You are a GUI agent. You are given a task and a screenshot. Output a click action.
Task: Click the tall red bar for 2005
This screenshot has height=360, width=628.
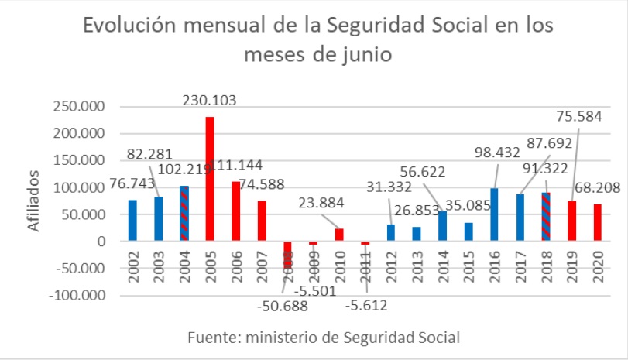click(x=210, y=179)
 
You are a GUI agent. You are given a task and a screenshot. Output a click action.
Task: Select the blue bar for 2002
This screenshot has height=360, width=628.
click(x=132, y=221)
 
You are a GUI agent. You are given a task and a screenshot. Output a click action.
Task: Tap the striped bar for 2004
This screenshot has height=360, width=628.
click(x=184, y=214)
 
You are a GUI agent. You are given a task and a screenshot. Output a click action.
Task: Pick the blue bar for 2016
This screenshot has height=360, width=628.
click(x=494, y=214)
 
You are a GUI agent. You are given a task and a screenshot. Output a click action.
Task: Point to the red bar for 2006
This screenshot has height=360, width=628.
click(x=236, y=211)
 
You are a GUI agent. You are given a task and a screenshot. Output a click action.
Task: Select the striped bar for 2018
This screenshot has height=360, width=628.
click(x=546, y=217)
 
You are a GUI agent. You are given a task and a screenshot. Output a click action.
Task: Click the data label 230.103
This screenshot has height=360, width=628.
click(x=210, y=100)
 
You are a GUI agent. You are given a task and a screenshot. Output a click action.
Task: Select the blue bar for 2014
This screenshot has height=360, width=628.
click(x=442, y=226)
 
